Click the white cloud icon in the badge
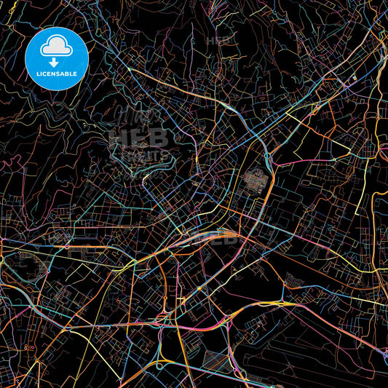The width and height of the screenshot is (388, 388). (x=56, y=47)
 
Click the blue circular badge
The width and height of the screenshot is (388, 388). (x=56, y=58)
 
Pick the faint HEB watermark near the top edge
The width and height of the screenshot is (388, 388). (x=219, y=41)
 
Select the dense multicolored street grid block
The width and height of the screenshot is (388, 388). (x=256, y=178)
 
